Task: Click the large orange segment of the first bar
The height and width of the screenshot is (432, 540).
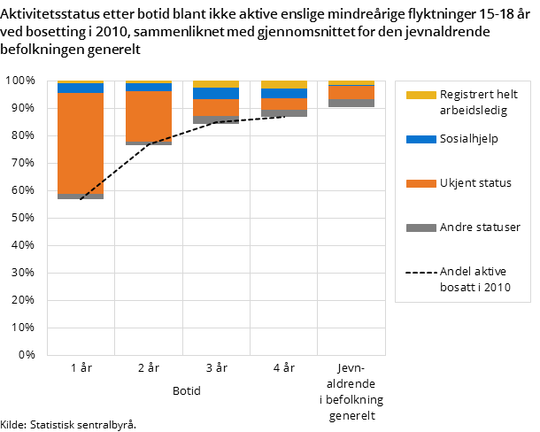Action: pos(81,143)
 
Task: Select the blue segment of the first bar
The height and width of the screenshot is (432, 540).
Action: pos(81,88)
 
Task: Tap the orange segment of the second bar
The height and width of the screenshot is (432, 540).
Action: pos(148,116)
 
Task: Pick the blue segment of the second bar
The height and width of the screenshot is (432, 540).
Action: pos(148,87)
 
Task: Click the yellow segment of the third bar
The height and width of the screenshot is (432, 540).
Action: pos(216,84)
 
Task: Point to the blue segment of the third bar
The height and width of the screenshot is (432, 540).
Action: pos(216,93)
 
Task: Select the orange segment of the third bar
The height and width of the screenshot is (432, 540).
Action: pos(216,107)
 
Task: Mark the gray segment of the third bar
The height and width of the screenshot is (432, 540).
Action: pos(216,120)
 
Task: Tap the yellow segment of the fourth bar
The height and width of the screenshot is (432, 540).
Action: pos(284,85)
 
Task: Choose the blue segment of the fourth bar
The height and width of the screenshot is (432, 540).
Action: pos(284,93)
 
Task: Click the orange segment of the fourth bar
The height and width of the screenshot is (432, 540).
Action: pos(284,104)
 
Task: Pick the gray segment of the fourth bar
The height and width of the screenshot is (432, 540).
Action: pos(284,113)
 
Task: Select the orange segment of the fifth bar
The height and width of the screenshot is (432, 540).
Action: pos(351,92)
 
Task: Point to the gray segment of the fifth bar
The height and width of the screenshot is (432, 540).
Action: pos(351,103)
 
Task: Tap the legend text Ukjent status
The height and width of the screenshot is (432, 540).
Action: pos(475,183)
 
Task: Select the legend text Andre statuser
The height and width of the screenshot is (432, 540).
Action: pos(480,228)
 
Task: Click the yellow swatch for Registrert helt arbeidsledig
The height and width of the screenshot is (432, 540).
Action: pos(420,95)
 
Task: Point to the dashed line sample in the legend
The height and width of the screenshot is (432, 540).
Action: pos(420,272)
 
